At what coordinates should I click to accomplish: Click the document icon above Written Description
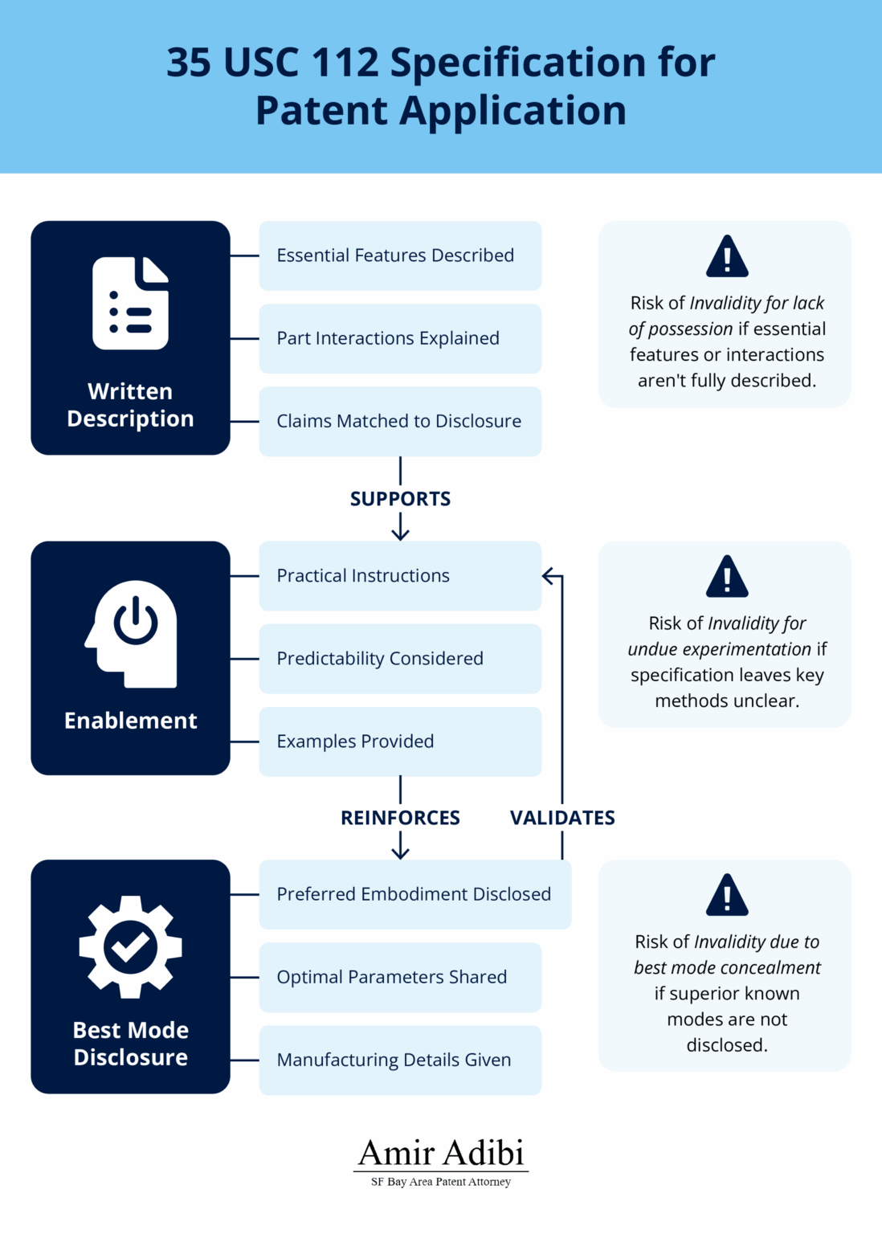point(130,304)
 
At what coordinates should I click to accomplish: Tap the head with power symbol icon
point(131,633)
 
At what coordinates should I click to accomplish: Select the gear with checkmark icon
point(130,946)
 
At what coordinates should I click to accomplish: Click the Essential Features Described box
point(400,255)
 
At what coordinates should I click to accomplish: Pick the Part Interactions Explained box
point(400,338)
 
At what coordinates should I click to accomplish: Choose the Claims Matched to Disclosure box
point(400,421)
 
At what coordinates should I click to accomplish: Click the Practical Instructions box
point(400,576)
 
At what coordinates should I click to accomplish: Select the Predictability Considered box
point(400,659)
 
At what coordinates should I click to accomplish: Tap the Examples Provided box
point(400,742)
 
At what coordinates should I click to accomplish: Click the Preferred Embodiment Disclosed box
point(414,894)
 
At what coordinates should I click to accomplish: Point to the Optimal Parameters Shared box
point(400,977)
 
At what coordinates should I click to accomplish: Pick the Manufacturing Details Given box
point(400,1060)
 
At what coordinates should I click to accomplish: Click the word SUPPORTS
point(400,499)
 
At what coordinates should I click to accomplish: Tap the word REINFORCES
point(400,818)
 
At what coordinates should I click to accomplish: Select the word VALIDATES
point(562,818)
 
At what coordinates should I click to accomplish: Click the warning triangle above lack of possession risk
point(727,257)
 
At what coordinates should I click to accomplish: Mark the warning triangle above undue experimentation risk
point(727,577)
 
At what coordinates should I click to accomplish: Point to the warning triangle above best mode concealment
point(727,896)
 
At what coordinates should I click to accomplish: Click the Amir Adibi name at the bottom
point(441,1153)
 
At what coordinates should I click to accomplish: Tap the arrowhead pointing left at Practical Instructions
point(548,576)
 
